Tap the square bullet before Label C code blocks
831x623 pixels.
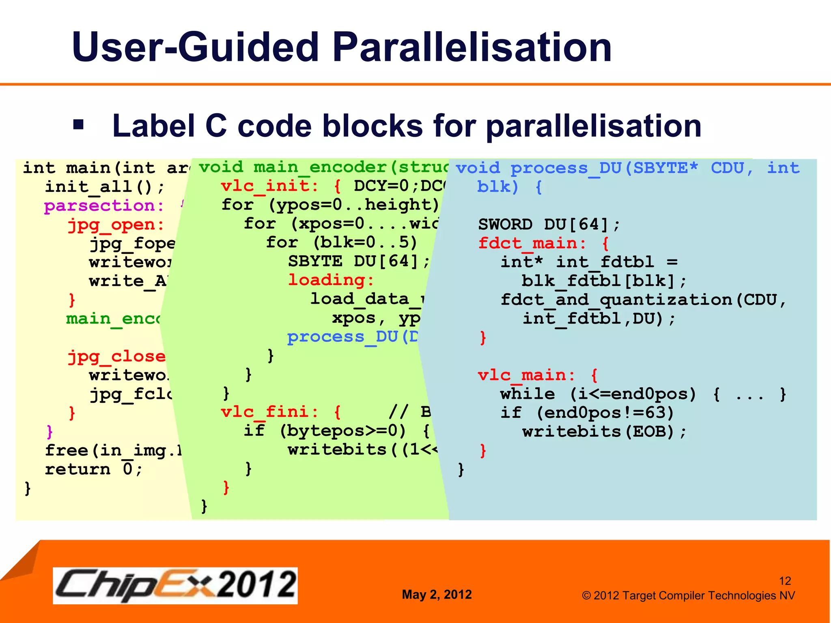(78, 125)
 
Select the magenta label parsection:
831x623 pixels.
(104, 206)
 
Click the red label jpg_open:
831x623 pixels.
(116, 224)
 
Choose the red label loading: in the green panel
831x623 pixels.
(331, 280)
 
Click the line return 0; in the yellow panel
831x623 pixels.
(93, 469)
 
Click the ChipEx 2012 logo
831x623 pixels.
(175, 585)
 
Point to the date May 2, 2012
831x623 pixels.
(437, 594)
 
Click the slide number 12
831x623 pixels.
(785, 581)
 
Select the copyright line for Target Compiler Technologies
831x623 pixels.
(688, 595)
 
